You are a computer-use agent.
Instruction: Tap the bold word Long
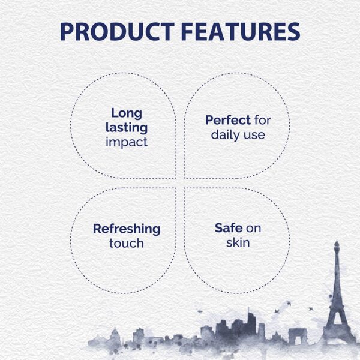click(x=126, y=112)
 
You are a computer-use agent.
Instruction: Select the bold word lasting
click(x=126, y=127)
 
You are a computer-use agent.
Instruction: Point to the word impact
click(x=126, y=142)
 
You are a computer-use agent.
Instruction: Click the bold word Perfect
click(x=227, y=120)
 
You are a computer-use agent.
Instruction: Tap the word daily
click(x=226, y=135)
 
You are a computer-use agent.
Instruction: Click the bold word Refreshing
click(x=127, y=229)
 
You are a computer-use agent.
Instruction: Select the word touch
click(x=127, y=244)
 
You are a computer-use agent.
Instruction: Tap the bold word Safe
click(x=228, y=229)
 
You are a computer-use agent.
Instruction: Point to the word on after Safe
click(x=253, y=229)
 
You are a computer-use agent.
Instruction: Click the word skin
click(x=238, y=244)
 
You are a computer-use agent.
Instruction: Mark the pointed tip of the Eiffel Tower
click(x=337, y=242)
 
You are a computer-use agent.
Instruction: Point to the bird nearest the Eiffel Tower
click(x=310, y=308)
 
